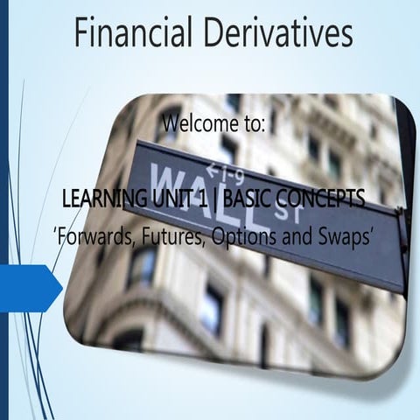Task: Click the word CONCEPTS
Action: tap(321, 202)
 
